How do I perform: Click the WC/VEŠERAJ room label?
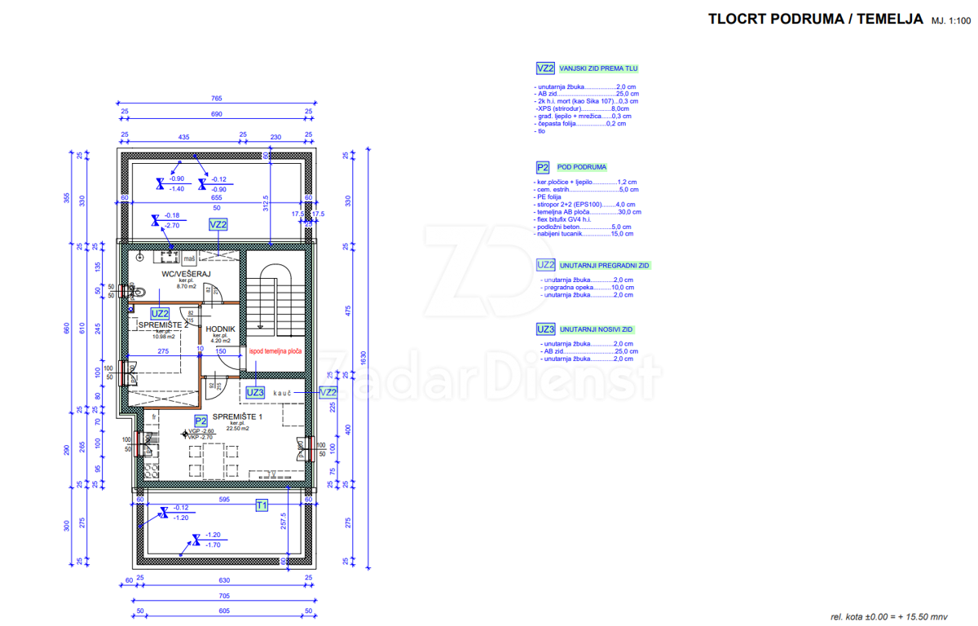187,274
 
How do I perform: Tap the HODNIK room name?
221,329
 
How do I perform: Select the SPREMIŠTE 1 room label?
238,417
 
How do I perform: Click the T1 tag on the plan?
262,505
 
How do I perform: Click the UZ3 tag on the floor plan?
255,392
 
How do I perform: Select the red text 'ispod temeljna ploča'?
275,352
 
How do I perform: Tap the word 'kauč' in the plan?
283,392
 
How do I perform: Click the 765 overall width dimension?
217,99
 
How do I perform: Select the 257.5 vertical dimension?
282,522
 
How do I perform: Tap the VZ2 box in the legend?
545,68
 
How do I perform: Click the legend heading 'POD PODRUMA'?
583,167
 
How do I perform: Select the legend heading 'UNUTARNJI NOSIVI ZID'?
596,329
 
